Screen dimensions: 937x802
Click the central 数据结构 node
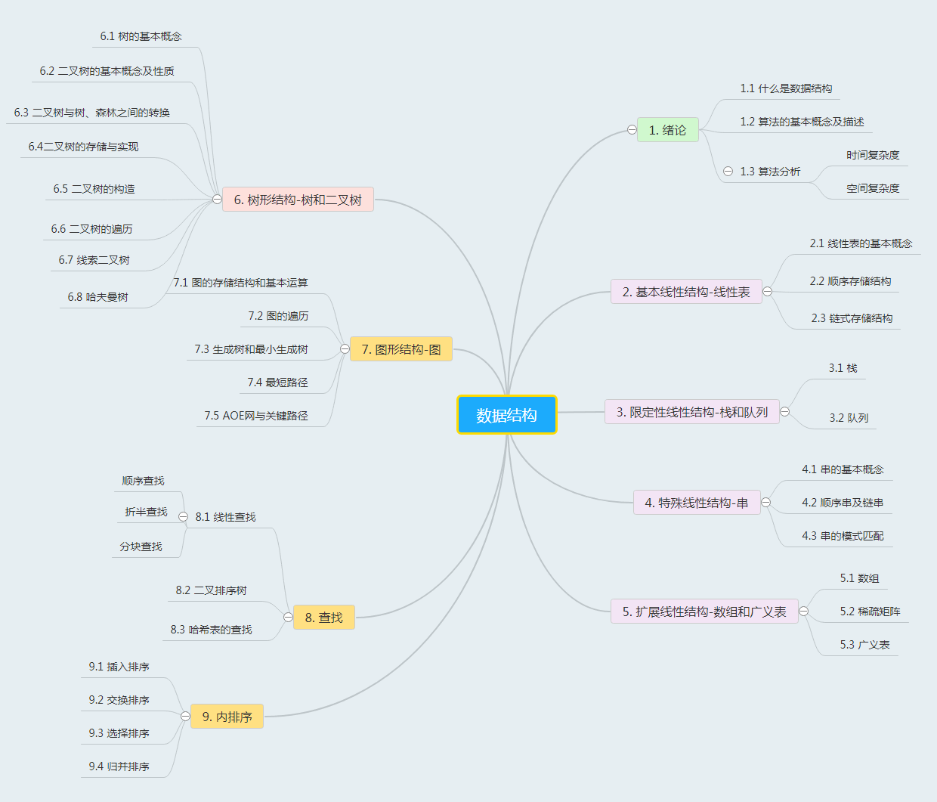coord(506,415)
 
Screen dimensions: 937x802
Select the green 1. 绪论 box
coord(667,130)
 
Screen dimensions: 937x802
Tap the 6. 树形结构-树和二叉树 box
coord(298,200)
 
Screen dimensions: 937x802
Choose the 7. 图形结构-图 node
coord(400,349)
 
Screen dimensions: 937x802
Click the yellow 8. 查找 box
coord(323,618)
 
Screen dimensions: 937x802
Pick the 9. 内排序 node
coord(227,717)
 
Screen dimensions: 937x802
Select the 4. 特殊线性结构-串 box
coord(696,503)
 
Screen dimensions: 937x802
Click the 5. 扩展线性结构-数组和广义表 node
coord(704,612)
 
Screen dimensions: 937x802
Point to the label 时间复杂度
coord(873,155)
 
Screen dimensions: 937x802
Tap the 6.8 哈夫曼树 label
coord(98,297)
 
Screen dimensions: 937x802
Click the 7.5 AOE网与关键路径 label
coord(256,416)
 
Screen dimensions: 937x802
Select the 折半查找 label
coord(146,512)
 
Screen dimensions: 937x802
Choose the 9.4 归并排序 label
coord(119,766)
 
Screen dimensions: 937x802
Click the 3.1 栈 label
coord(843,368)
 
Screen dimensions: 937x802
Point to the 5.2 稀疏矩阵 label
coord(870,612)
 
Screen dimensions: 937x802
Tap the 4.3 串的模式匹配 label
coord(843,536)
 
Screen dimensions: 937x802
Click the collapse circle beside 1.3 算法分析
coord(728,172)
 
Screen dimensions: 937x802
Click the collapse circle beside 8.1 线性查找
coord(183,517)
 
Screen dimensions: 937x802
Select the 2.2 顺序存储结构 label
coord(850,281)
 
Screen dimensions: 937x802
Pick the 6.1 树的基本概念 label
coord(141,36)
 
